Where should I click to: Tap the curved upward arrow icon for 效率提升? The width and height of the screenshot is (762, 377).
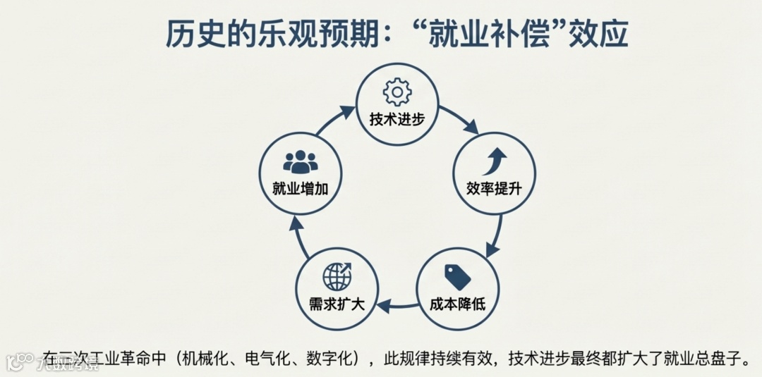click(493, 161)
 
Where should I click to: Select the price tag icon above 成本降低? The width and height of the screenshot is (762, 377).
click(456, 277)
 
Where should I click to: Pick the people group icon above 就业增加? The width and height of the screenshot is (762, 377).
click(301, 162)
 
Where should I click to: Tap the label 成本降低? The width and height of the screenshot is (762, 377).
click(457, 304)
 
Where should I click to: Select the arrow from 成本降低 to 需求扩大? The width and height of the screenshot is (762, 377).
click(397, 305)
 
